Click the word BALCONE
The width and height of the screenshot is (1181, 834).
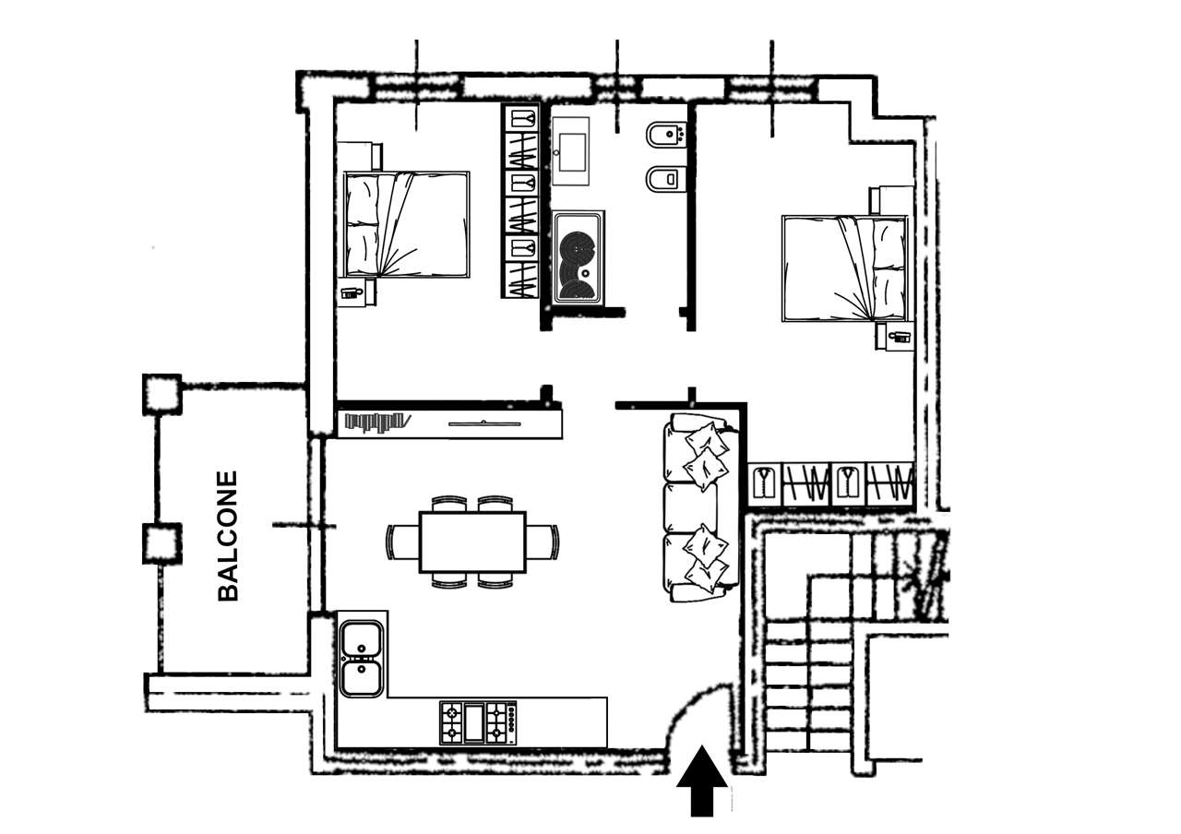click(228, 536)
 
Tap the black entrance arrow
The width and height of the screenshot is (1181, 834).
click(702, 780)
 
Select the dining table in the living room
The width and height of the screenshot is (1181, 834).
click(473, 542)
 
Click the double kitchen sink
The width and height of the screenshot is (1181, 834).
click(362, 659)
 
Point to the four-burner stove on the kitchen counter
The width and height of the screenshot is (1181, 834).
click(478, 722)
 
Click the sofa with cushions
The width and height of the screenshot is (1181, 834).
click(700, 507)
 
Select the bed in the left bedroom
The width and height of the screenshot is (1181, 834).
click(406, 224)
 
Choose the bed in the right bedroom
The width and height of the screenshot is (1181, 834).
click(844, 268)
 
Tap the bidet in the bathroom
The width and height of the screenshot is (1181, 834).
click(665, 135)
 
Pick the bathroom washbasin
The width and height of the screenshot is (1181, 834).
click(571, 151)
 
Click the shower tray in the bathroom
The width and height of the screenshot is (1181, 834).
click(579, 257)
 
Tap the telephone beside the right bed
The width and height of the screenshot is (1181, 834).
click(899, 337)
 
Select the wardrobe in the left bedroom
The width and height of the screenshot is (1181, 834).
click(520, 201)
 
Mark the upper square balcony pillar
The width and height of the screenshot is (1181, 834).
click(161, 394)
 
